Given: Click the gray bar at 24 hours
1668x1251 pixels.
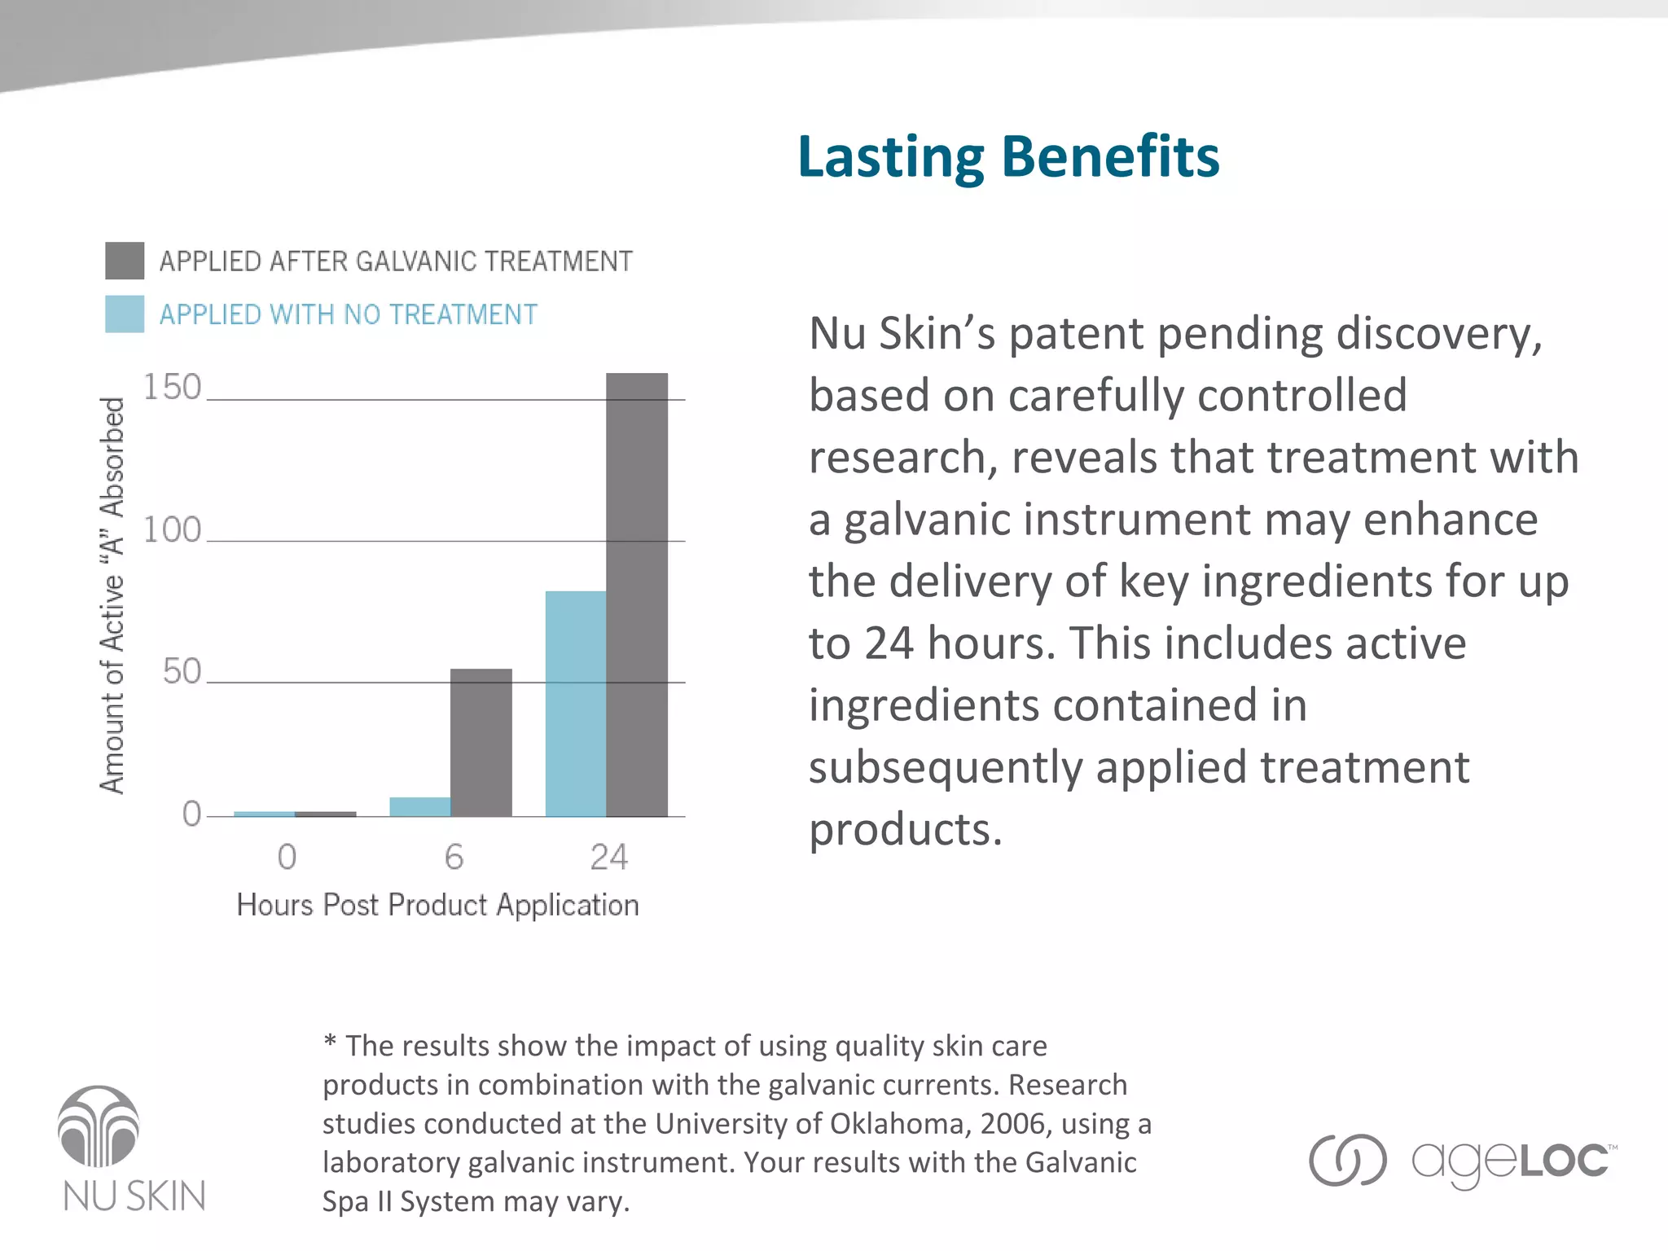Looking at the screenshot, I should (637, 595).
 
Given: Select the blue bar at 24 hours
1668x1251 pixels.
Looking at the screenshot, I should (575, 704).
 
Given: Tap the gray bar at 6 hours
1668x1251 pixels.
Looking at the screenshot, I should (481, 742).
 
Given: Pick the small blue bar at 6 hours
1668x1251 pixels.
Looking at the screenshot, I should (419, 806).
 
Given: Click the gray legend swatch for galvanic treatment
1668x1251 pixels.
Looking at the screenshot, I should (125, 261).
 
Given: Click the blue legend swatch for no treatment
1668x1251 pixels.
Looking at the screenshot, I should (125, 314).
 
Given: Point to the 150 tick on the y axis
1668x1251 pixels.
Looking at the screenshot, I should (172, 388).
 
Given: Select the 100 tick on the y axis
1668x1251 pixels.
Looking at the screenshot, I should (172, 530).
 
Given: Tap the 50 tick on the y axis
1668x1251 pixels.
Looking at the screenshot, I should (181, 672).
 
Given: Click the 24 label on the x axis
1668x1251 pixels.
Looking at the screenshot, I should (608, 857).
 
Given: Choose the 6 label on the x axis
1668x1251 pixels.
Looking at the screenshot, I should (454, 857).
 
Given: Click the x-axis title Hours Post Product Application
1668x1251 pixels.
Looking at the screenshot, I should (437, 905).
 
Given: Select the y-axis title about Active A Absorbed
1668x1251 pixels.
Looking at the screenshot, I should (112, 595).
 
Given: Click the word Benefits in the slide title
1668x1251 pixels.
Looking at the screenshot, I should (1110, 156).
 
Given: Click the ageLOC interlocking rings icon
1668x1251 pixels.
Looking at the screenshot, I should (1347, 1160).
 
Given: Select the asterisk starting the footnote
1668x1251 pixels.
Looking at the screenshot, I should (330, 1042).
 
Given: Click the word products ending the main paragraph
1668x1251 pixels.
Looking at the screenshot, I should (904, 830).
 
